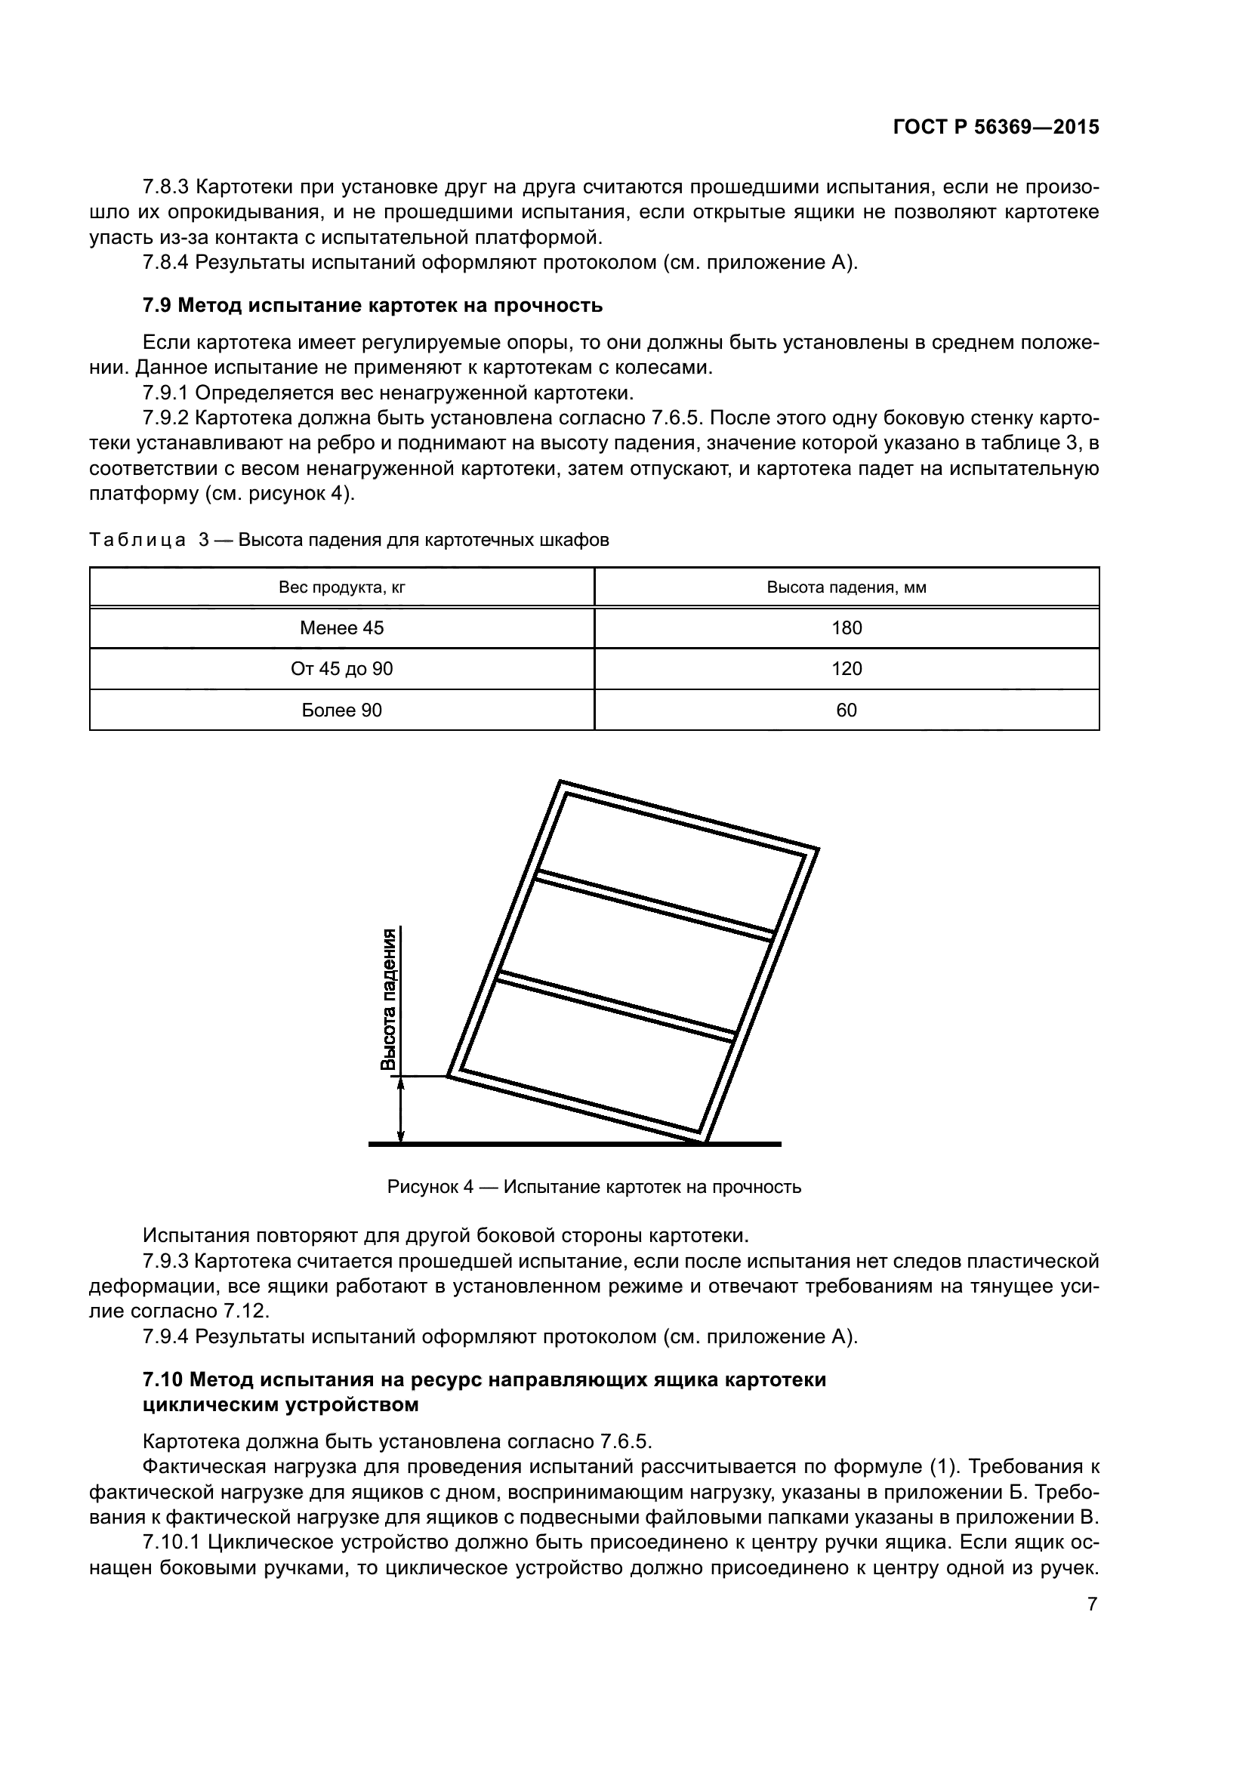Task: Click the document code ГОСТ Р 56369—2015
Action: coord(996,128)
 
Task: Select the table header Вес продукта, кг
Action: coord(341,587)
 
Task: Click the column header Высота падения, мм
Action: coord(846,587)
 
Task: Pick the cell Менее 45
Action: coord(341,628)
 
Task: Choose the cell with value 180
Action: coord(846,628)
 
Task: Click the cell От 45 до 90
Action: coord(341,669)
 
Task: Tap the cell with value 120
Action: coord(846,669)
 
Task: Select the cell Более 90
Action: coord(341,710)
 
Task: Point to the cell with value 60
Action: coord(846,710)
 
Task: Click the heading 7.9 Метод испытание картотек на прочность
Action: coord(372,305)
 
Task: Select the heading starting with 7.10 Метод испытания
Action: coord(485,1379)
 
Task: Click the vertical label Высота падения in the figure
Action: coord(390,999)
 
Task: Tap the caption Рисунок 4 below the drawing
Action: coord(594,1187)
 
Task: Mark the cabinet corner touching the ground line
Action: coord(705,1142)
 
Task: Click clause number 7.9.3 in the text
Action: coord(165,1261)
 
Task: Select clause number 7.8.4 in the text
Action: coord(165,262)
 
